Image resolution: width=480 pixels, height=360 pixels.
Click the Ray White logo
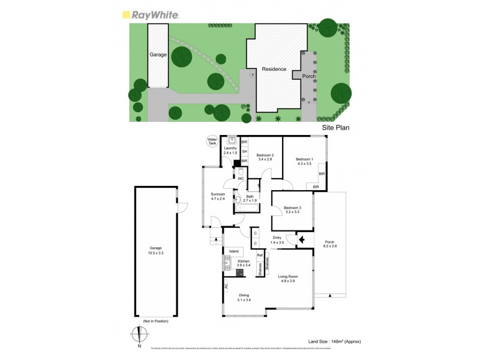(x=150, y=15)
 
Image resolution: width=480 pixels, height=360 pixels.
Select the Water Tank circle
(x=211, y=142)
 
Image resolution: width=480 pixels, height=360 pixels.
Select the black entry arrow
(x=302, y=240)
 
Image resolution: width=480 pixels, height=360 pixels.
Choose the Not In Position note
(x=155, y=322)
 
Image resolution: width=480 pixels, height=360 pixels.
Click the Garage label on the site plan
(x=158, y=55)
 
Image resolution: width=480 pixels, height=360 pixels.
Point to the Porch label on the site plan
(x=308, y=76)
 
